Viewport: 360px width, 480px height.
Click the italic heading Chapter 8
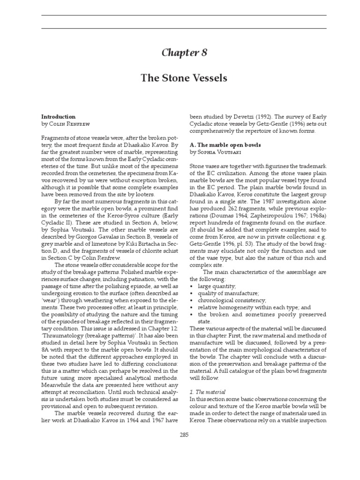(x=180, y=52)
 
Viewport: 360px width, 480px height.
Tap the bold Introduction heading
(x=59, y=116)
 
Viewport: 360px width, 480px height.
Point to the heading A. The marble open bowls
(x=225, y=145)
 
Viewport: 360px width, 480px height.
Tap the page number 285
(x=184, y=435)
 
